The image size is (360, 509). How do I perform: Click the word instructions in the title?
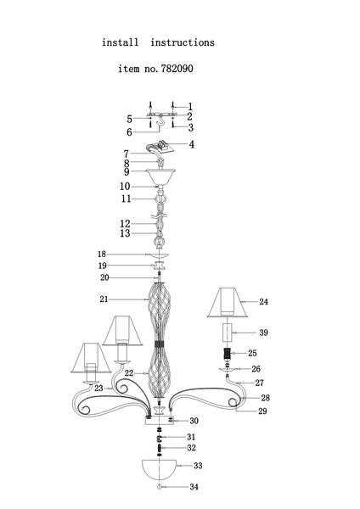tap(183, 42)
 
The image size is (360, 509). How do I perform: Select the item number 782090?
tap(177, 69)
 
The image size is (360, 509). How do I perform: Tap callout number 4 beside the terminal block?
tap(192, 144)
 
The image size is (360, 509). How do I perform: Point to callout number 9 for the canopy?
tap(127, 171)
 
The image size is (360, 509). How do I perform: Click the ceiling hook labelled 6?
tap(160, 123)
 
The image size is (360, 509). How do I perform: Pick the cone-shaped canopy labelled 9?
tap(160, 177)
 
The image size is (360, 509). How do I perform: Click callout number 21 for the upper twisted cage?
tap(104, 299)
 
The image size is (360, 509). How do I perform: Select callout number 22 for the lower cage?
tap(129, 373)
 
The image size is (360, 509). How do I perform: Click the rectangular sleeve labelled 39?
tap(227, 333)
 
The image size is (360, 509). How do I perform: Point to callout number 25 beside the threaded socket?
tap(252, 353)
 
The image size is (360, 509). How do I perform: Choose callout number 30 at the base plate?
tap(194, 421)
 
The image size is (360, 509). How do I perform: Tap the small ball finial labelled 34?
tap(160, 487)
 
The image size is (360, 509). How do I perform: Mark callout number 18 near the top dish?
tap(102, 255)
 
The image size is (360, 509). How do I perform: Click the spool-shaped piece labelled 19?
tap(160, 266)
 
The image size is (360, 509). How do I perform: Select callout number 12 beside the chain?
tap(125, 224)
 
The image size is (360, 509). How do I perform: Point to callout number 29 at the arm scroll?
tap(262, 411)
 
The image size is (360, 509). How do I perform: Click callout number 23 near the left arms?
tap(98, 389)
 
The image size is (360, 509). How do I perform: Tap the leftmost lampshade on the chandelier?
tap(92, 358)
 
